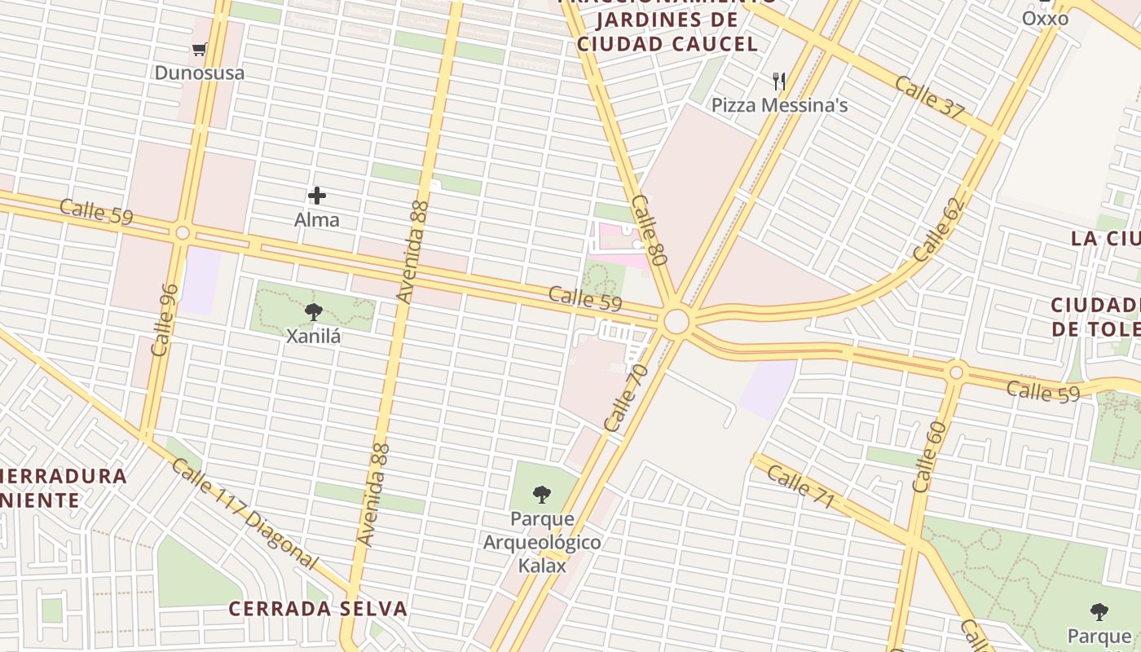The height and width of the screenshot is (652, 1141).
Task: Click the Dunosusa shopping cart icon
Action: coord(199,49)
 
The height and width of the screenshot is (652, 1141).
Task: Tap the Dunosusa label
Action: coord(199,73)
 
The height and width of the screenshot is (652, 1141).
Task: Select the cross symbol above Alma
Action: coord(317,196)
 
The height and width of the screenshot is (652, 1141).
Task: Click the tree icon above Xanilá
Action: coord(313,311)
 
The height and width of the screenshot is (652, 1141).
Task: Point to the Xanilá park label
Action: coord(313,335)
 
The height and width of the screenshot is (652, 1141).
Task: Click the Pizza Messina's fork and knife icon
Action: coord(779,81)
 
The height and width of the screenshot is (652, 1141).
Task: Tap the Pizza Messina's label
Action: coord(779,105)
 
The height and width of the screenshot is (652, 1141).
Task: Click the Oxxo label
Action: coord(1045,18)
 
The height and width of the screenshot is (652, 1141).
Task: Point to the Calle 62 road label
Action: coord(938,230)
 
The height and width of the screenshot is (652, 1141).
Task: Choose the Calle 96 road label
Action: coord(165,319)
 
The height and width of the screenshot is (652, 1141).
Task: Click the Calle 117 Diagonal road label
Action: coord(244,513)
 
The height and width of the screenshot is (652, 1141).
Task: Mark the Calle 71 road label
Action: coord(800,486)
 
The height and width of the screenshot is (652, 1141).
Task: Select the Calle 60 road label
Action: coord(929,456)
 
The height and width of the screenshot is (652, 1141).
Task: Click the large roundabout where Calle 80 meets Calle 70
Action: coord(676,322)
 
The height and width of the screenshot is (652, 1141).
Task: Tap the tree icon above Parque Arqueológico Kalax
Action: coord(541,494)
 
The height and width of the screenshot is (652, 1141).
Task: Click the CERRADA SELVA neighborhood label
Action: coord(317,609)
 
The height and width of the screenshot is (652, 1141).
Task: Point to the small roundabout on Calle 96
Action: coord(183,233)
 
